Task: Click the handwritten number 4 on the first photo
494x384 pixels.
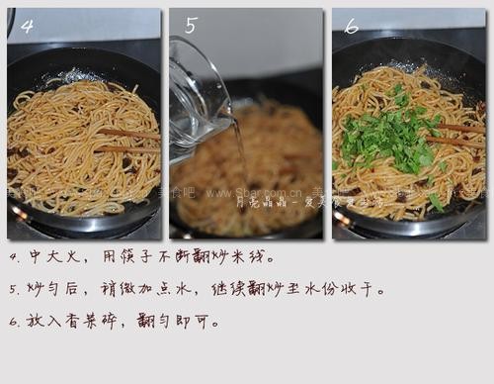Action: (27, 27)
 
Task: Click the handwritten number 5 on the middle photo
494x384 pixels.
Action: (190, 26)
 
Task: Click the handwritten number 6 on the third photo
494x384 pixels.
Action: (351, 26)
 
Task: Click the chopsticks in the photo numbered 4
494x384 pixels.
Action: (128, 140)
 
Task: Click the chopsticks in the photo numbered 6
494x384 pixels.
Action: (454, 134)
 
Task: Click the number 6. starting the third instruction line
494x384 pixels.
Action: (14, 322)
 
